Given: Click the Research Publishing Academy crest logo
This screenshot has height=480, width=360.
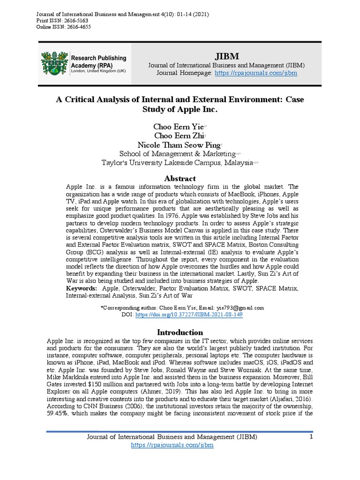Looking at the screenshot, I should [x=54, y=63].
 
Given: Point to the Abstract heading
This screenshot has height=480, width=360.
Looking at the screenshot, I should [x=180, y=179].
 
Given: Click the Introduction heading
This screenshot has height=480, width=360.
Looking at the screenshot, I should [x=180, y=332].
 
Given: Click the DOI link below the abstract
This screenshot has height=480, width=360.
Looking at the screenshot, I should [x=189, y=315].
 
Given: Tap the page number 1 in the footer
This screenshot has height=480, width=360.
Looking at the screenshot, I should [x=310, y=437].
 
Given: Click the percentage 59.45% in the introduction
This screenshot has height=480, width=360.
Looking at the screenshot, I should [x=60, y=412].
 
